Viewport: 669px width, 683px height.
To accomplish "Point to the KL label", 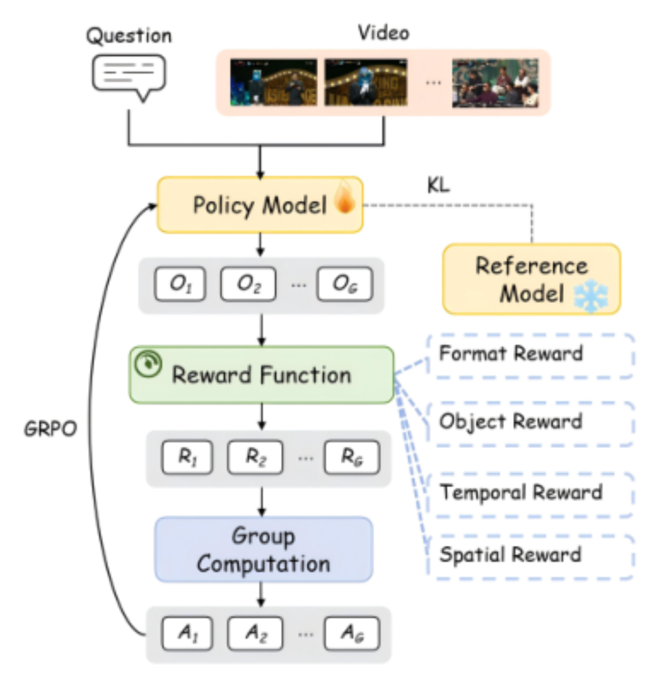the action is [438, 185].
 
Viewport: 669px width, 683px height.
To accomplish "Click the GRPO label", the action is [50, 429].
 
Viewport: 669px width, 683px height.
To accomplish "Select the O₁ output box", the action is [180, 284].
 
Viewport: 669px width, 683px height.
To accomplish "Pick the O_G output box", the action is [345, 284].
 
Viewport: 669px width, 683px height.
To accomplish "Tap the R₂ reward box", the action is [255, 457].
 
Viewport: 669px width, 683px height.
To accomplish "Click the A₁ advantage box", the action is [187, 633].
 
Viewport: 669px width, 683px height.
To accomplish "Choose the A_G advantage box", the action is [352, 633].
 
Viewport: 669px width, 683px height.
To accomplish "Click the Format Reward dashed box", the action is [530, 356].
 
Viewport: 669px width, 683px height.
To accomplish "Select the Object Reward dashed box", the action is [530, 424].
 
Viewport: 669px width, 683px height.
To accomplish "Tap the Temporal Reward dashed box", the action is [530, 495].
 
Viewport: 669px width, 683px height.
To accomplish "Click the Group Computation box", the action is [264, 550].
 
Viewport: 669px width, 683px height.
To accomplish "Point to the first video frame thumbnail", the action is [273, 82].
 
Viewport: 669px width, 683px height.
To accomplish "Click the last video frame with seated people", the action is [495, 83].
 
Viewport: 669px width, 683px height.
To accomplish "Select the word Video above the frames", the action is [384, 33].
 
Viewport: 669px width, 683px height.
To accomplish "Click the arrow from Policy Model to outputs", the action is [260, 244].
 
